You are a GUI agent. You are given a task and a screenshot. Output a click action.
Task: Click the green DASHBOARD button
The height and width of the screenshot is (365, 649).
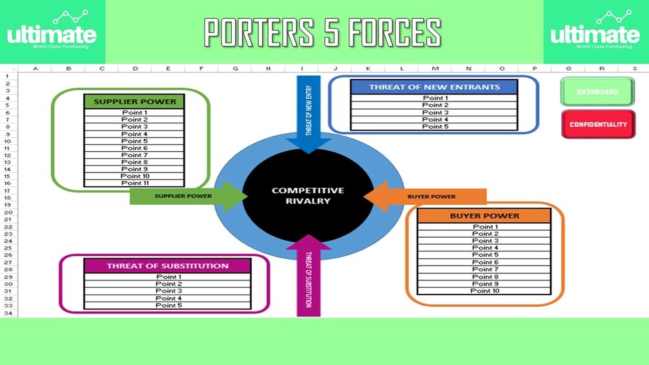(597, 92)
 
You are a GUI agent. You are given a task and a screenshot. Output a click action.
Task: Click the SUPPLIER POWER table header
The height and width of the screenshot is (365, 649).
(134, 101)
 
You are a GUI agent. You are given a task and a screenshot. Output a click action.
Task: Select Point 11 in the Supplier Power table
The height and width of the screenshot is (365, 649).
(134, 183)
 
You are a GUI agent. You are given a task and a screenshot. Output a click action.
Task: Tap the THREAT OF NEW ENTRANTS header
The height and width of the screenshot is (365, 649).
(434, 87)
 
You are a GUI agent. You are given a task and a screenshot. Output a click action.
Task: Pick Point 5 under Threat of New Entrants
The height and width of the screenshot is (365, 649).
(435, 127)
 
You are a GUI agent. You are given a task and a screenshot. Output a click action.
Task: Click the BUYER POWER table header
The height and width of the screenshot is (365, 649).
(484, 216)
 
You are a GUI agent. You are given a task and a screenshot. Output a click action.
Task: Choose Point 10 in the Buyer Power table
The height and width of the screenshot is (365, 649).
(484, 291)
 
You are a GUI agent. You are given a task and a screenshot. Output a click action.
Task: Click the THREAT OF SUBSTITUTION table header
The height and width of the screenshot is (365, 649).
(167, 266)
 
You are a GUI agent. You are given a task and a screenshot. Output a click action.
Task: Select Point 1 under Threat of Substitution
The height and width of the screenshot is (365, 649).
(168, 277)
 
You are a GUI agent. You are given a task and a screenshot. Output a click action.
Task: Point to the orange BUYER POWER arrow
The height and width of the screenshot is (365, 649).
(431, 196)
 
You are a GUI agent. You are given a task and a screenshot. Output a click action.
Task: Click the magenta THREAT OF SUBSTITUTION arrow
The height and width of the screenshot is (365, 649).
(308, 278)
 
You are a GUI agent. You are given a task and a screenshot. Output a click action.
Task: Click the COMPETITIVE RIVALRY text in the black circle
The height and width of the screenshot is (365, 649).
(308, 196)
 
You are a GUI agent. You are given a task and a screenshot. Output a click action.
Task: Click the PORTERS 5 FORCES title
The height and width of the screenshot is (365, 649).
(323, 32)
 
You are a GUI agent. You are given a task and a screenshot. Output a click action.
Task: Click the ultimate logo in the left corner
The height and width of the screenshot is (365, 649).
(52, 32)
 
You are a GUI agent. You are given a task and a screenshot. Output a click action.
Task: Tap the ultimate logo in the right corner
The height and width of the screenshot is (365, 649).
(595, 32)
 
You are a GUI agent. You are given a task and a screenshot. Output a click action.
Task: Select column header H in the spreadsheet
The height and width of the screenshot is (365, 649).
(268, 68)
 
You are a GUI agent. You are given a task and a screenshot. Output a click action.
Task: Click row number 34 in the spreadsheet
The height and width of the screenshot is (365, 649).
(8, 313)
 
